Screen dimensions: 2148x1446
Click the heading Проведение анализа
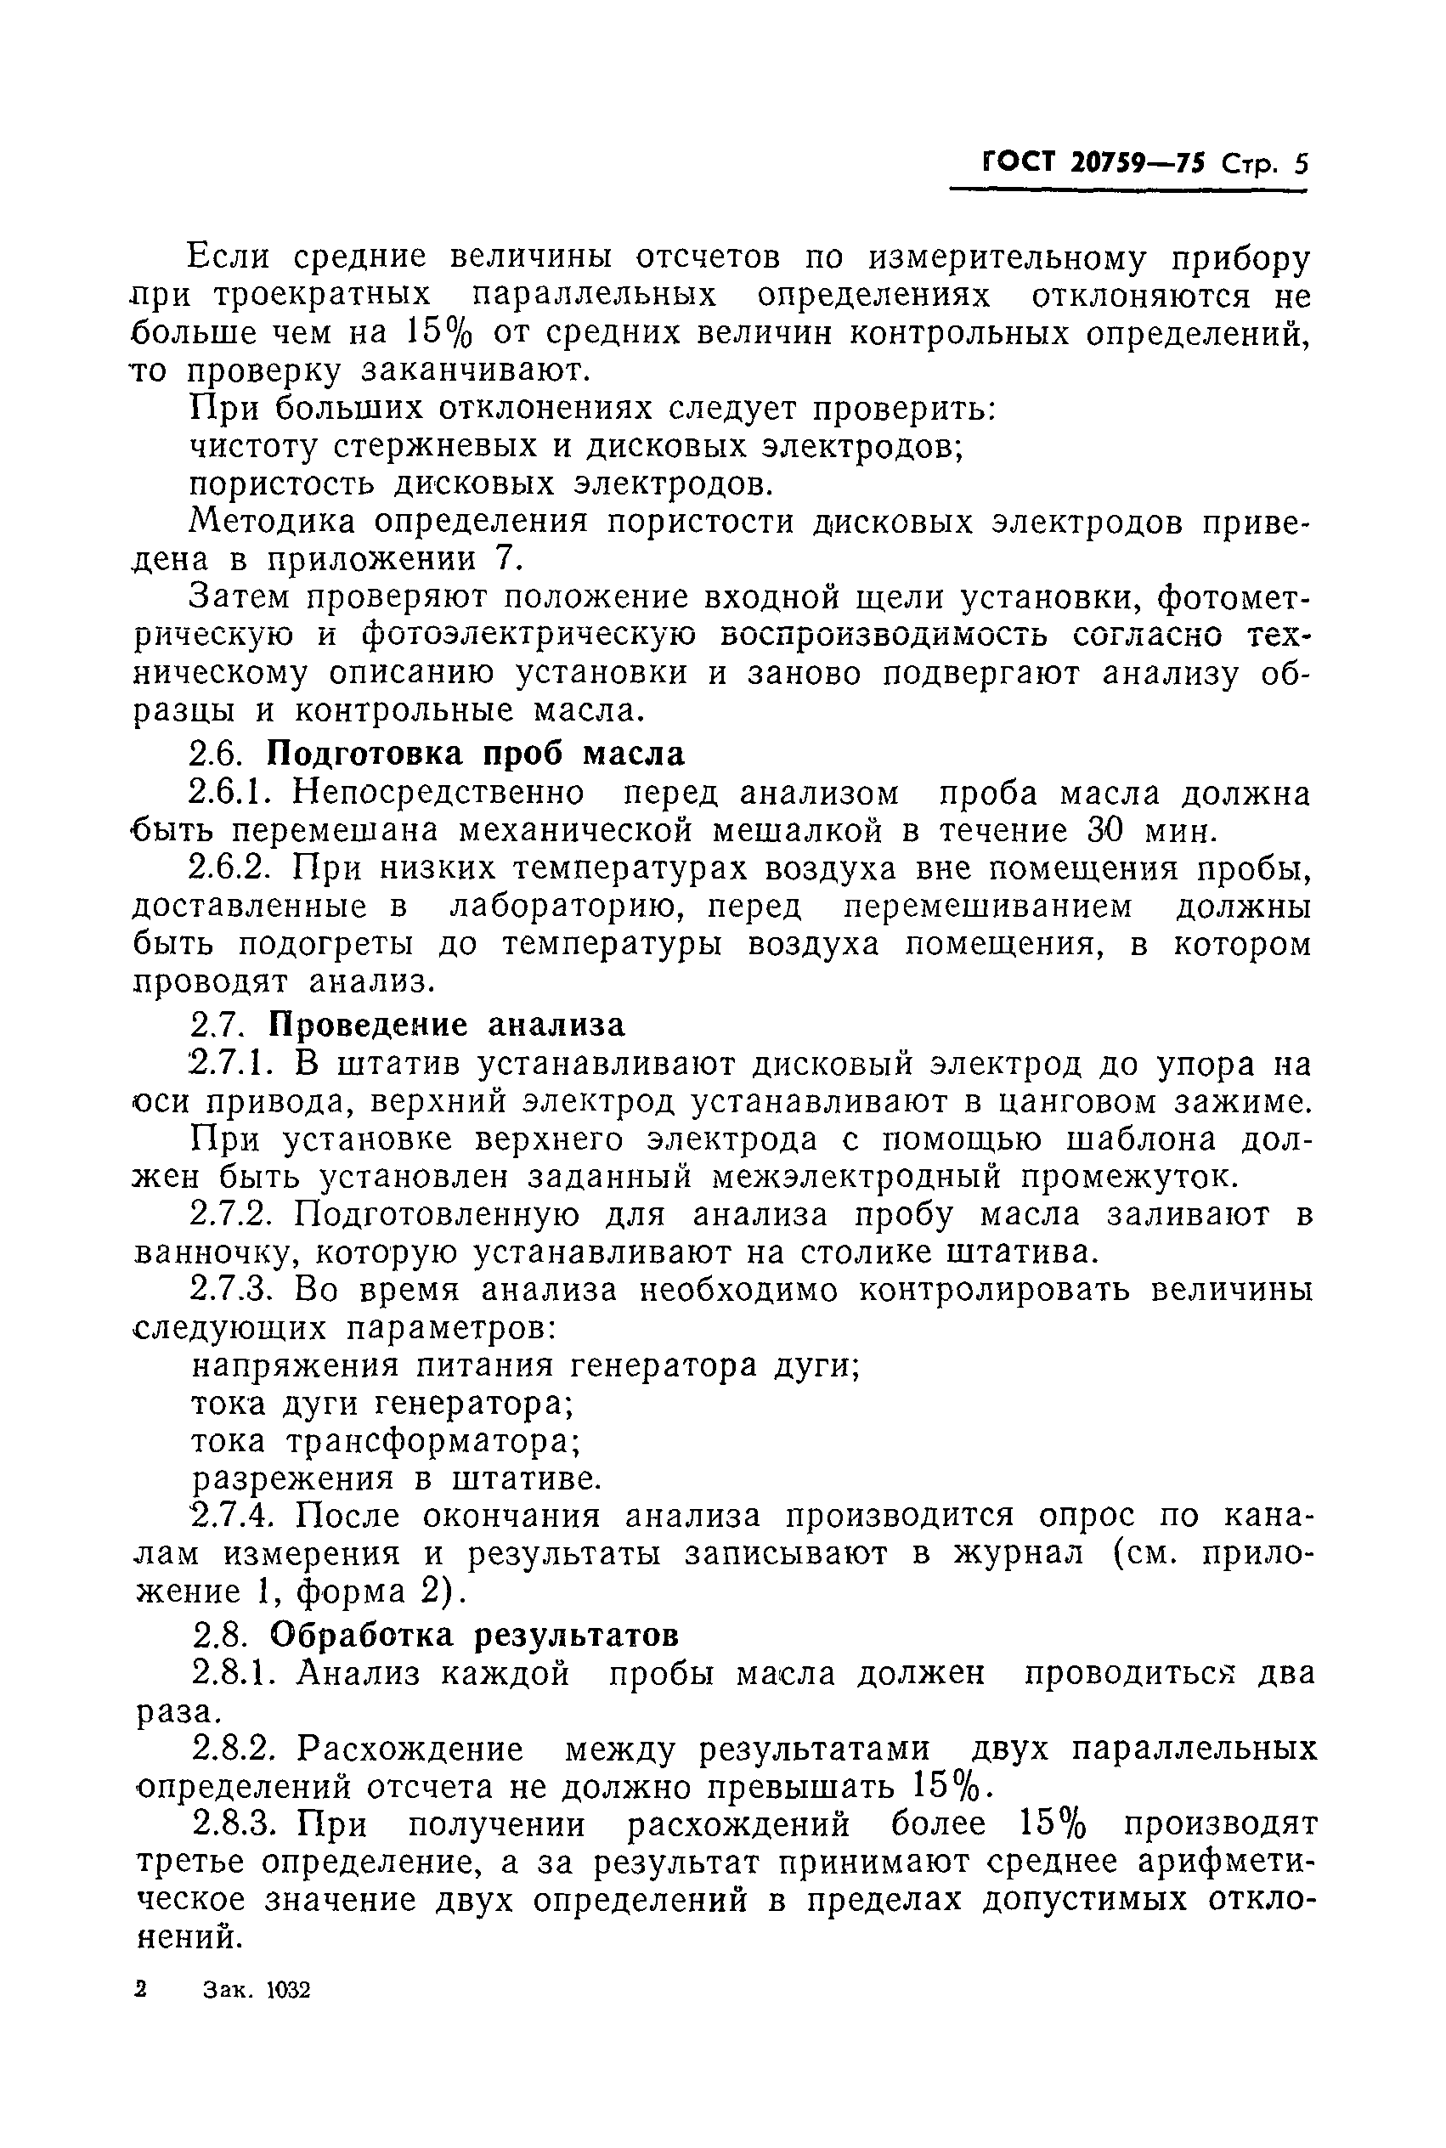445,1025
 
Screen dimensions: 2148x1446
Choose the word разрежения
292,1478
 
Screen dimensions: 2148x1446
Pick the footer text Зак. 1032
257,1990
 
